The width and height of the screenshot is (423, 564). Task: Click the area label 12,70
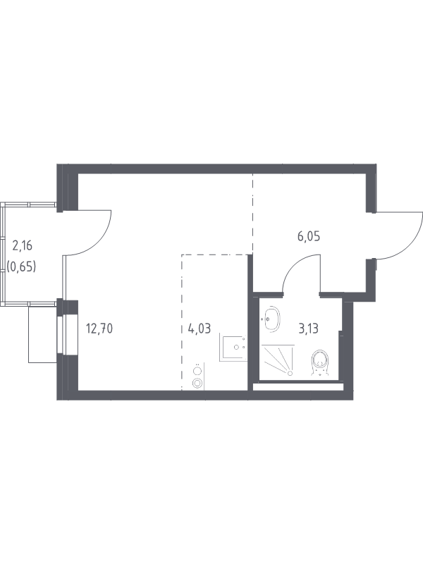pyautogui.click(x=99, y=328)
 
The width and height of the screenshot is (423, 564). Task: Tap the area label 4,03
pyautogui.click(x=200, y=328)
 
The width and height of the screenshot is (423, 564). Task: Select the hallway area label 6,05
pyautogui.click(x=309, y=236)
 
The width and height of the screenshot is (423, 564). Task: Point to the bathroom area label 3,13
pyautogui.click(x=308, y=328)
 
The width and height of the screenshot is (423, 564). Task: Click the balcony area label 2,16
pyautogui.click(x=23, y=245)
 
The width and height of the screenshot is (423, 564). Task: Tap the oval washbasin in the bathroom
pyautogui.click(x=271, y=319)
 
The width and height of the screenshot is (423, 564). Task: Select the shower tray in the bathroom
pyautogui.click(x=278, y=360)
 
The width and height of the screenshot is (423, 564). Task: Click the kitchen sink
pyautogui.click(x=233, y=347)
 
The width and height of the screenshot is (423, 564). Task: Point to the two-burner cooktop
pyautogui.click(x=197, y=376)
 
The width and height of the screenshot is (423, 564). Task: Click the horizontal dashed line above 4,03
pyautogui.click(x=215, y=255)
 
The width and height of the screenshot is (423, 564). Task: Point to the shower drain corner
pyautogui.click(x=290, y=374)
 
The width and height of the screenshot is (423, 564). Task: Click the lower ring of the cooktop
pyautogui.click(x=197, y=383)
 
